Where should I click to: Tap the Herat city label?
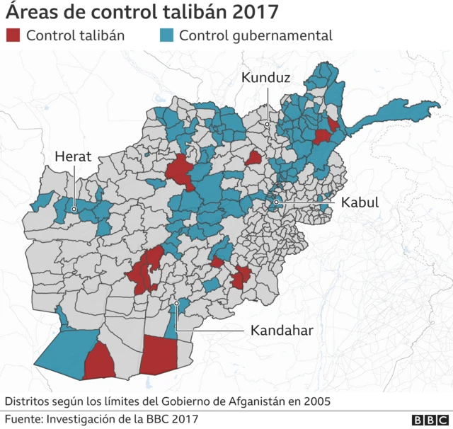[74, 156]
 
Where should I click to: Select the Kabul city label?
[360, 202]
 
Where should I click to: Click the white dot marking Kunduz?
[268, 124]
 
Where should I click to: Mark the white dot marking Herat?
[74, 209]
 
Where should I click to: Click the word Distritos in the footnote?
[28, 401]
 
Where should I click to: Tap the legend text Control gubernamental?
[256, 35]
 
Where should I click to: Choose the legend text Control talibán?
[75, 35]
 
